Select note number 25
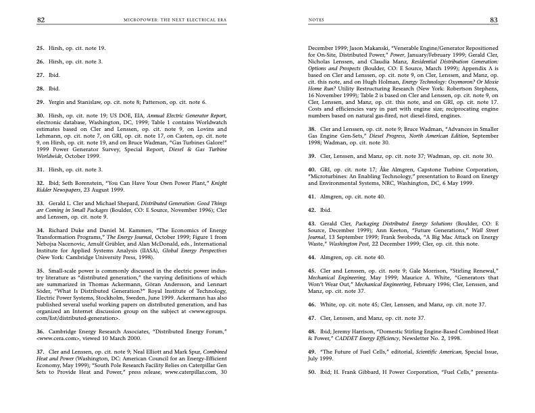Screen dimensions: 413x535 pyautogui.click(x=40, y=49)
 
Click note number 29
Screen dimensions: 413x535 pyautogui.click(x=40, y=101)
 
